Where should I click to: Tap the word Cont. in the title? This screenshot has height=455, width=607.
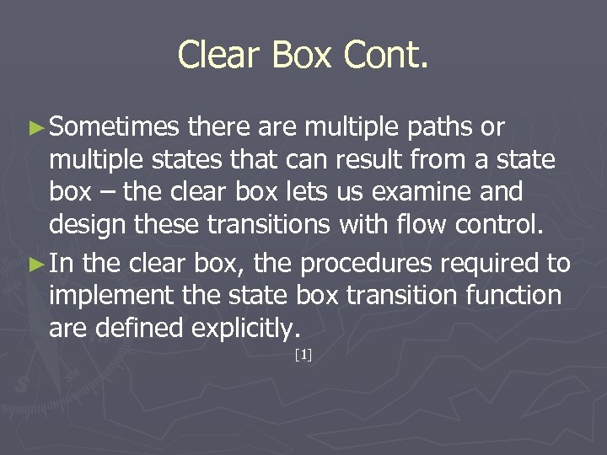click(x=386, y=56)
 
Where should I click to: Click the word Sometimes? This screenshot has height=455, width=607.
click(x=115, y=127)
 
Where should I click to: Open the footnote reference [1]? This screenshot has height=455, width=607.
click(x=303, y=356)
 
